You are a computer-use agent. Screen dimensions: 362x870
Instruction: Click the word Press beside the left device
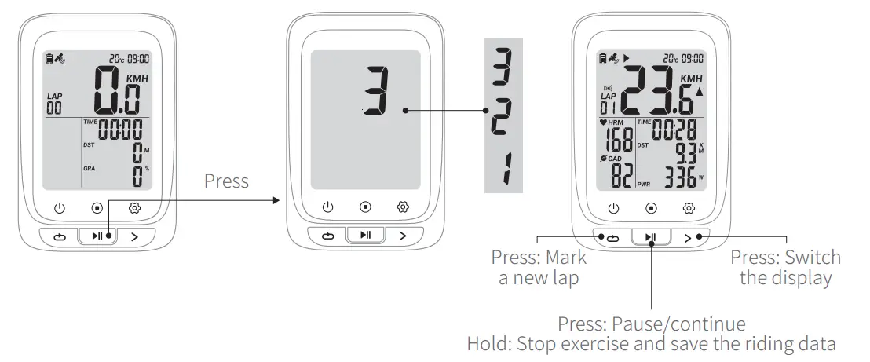point(226,181)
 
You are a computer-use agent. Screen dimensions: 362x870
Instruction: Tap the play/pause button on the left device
point(98,236)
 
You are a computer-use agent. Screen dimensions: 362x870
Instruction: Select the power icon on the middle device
point(328,207)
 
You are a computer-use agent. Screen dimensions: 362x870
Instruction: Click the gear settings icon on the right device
point(689,208)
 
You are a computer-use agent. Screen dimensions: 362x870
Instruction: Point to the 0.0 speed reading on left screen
point(117,93)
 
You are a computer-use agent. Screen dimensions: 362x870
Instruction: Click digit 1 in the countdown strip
point(501,169)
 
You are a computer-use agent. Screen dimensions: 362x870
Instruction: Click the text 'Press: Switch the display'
point(785,268)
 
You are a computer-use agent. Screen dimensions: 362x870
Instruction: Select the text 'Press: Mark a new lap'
point(539,268)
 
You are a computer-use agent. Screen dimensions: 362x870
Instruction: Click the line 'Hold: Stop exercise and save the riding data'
point(651,344)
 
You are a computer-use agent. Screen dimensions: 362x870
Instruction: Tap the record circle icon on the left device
point(97,208)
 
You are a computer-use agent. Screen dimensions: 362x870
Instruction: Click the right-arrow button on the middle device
point(403,236)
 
